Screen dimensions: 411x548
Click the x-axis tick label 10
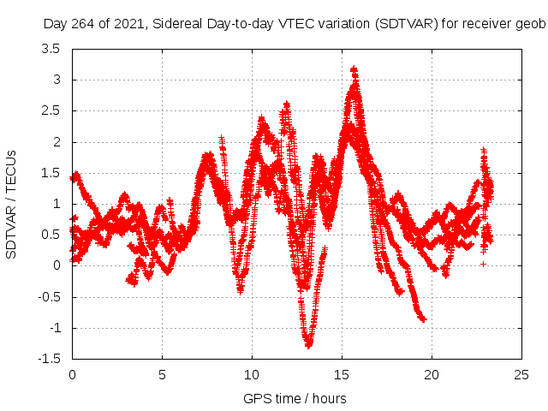(253, 374)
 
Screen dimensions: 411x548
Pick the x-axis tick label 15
(342, 374)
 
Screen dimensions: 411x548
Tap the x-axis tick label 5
(163, 374)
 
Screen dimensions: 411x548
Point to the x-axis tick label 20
(432, 374)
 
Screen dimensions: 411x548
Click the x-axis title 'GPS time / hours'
(295, 398)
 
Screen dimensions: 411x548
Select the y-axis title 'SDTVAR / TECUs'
(12, 204)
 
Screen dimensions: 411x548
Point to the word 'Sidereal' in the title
(182, 24)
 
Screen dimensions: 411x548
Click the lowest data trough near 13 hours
(308, 345)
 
